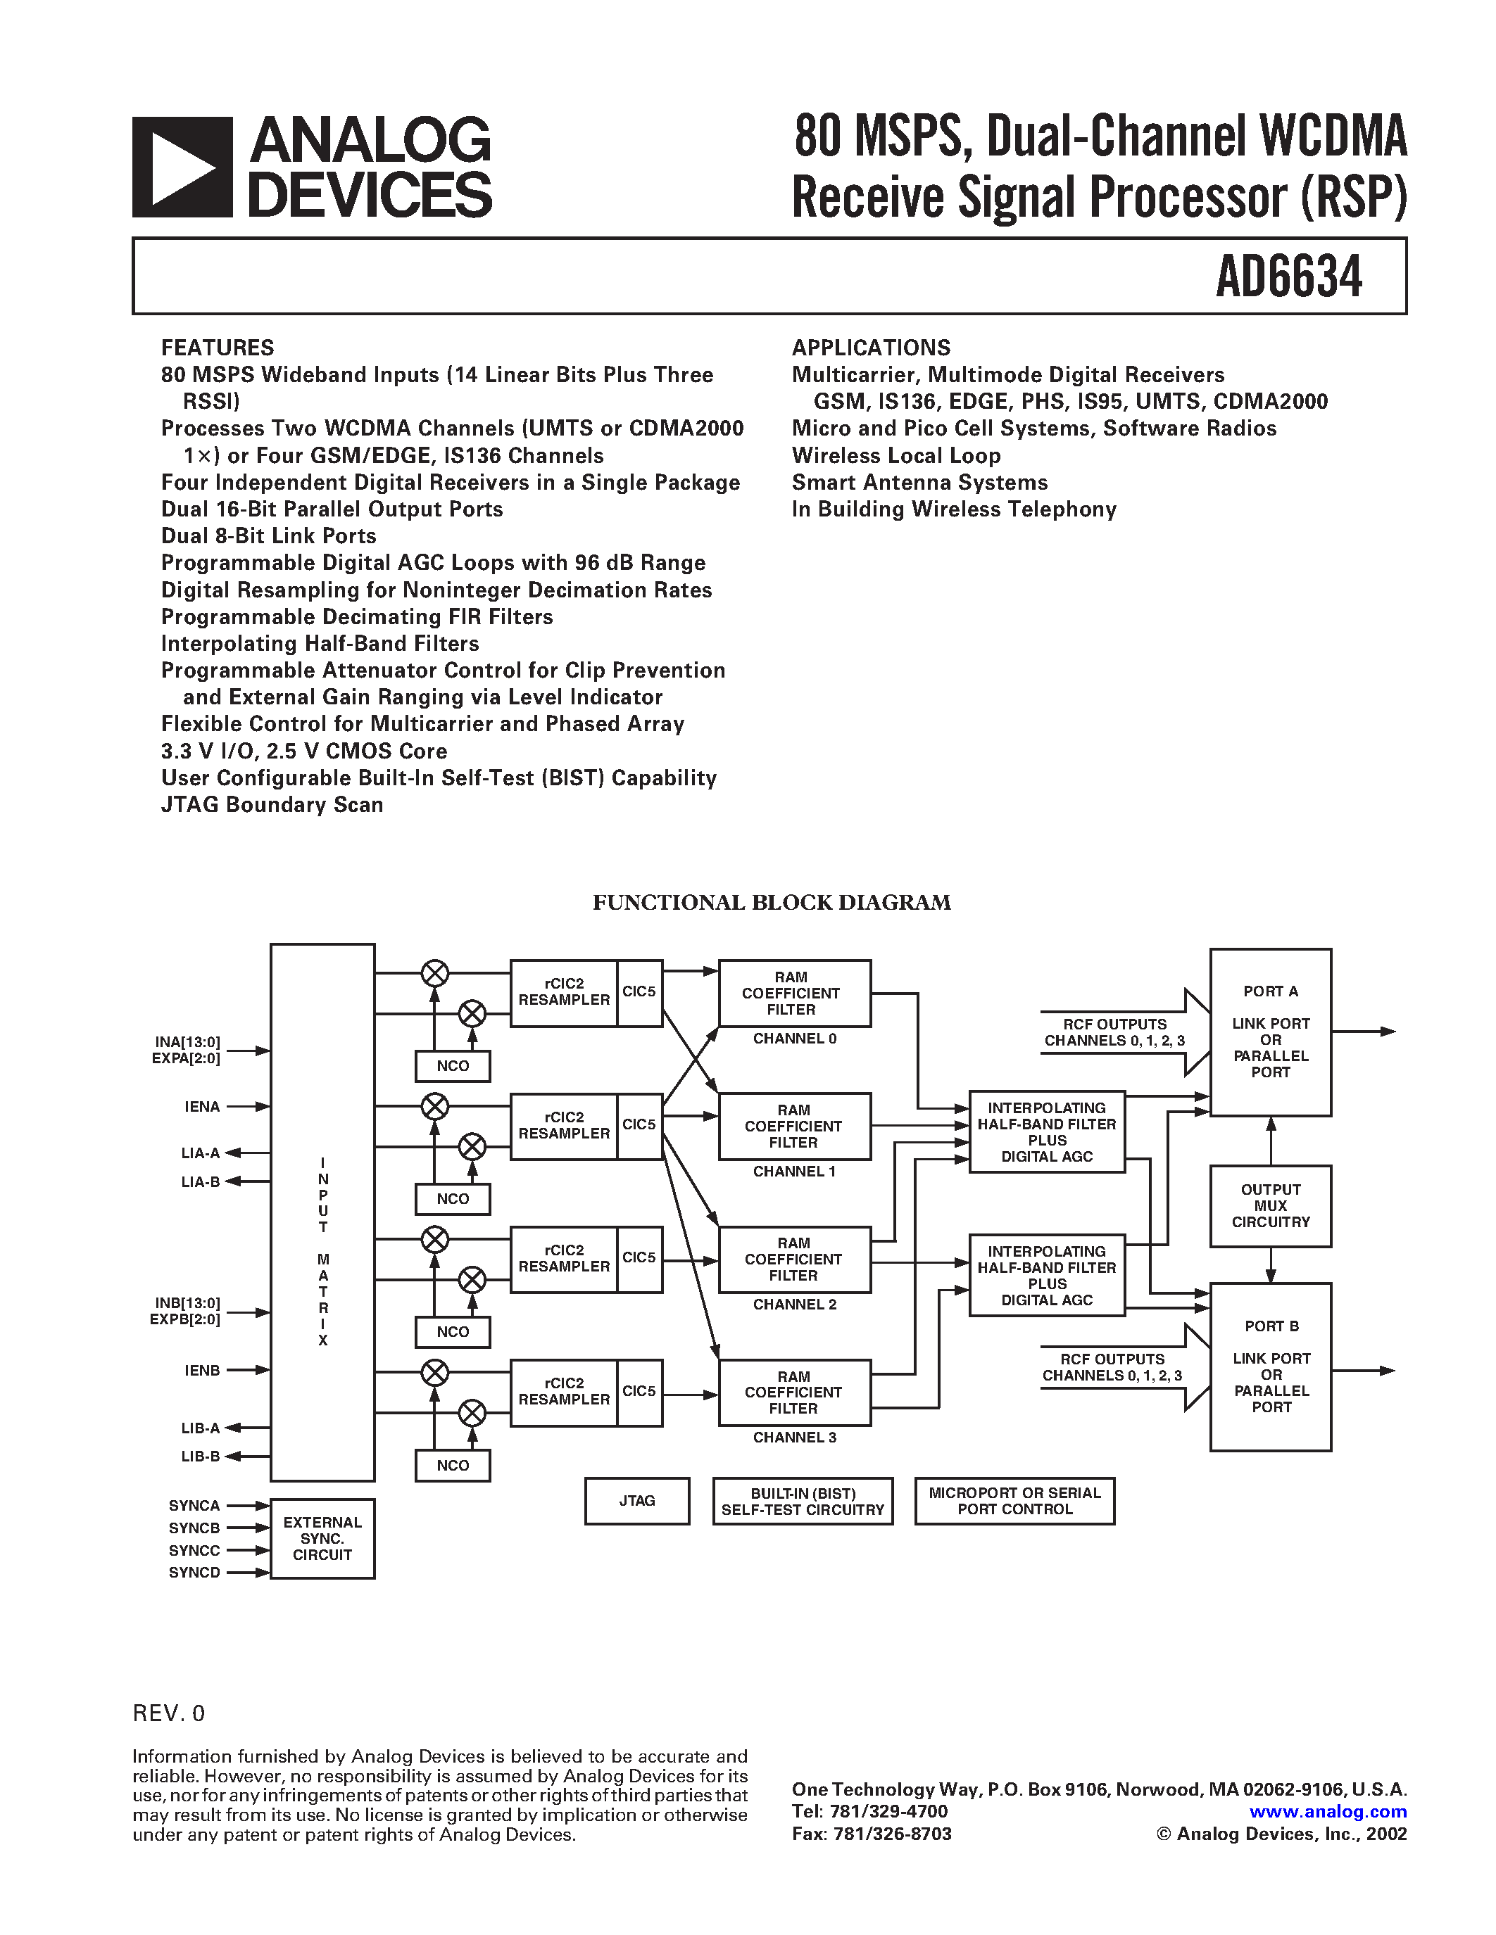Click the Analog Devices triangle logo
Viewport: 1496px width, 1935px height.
(182, 167)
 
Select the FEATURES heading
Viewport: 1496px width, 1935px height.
(217, 348)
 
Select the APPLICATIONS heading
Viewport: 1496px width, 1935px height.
(870, 348)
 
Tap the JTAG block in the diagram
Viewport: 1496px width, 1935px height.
(636, 1500)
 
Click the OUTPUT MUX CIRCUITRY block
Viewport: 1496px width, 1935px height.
(1270, 1206)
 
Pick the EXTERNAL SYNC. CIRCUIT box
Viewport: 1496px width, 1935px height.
(322, 1538)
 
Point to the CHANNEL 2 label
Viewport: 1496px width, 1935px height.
(794, 1304)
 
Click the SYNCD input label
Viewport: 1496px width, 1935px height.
(194, 1572)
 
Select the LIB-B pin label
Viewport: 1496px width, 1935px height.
(201, 1456)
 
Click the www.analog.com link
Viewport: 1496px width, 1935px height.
(1328, 1812)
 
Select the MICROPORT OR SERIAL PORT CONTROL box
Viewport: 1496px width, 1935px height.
(1014, 1501)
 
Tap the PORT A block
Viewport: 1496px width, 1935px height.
(1270, 1032)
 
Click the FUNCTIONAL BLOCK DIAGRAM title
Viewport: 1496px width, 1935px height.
(771, 902)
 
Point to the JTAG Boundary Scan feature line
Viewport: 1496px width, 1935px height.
(272, 804)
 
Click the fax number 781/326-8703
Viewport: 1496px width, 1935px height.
(891, 1833)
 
